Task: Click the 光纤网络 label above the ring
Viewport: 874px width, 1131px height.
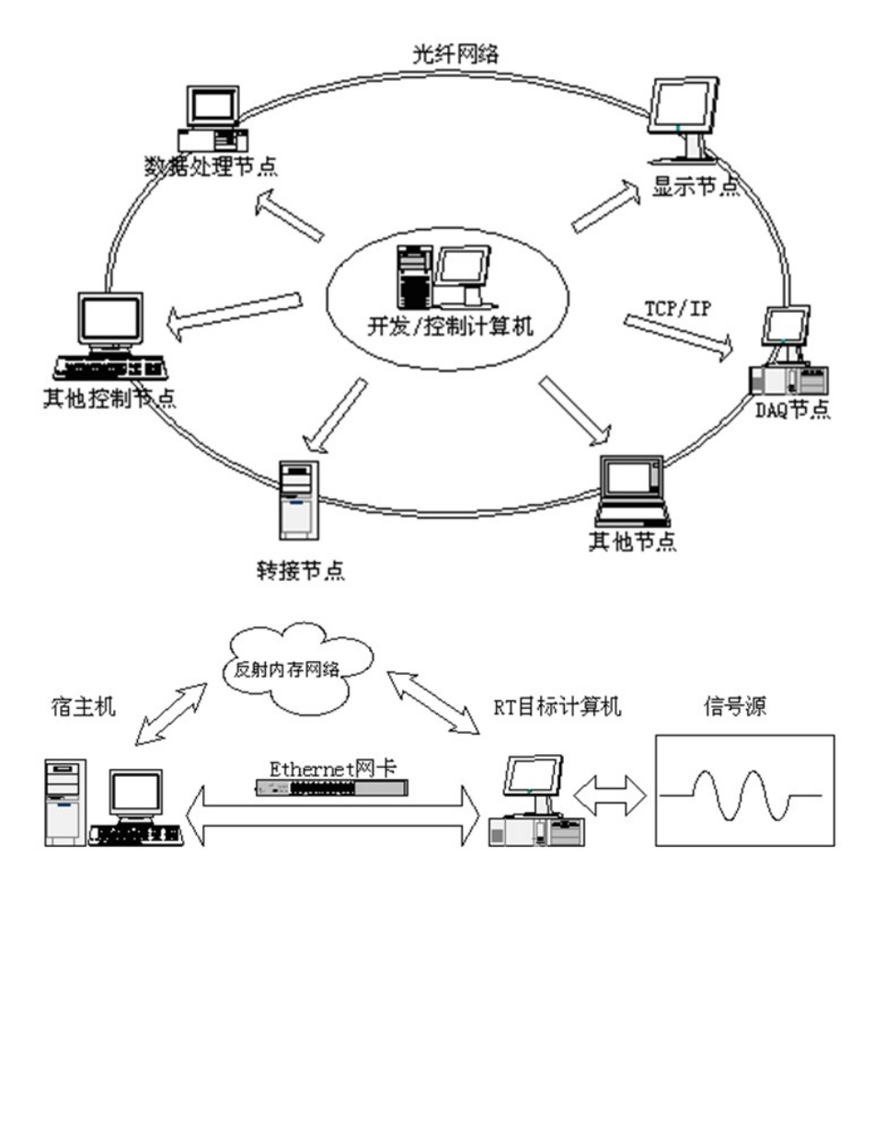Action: (x=455, y=54)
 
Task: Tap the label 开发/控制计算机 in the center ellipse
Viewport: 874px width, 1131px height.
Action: (x=440, y=326)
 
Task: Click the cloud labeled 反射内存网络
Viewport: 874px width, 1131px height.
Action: (x=299, y=663)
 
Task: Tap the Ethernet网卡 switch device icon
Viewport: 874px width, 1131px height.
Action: (x=332, y=786)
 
